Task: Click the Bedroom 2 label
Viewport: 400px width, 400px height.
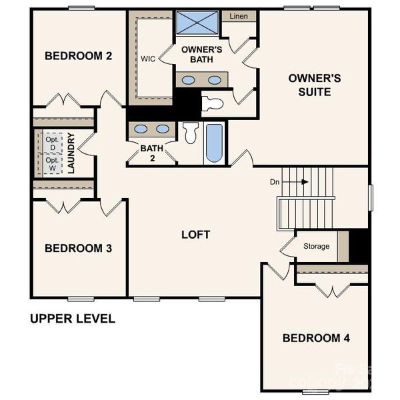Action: coord(78,56)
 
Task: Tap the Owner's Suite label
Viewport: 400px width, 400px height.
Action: coord(314,85)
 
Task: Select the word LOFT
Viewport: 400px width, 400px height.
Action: coord(196,235)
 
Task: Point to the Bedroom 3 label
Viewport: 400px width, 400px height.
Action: coord(78,248)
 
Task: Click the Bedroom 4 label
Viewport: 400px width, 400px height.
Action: coord(316,338)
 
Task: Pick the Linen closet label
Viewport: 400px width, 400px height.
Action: coord(239,16)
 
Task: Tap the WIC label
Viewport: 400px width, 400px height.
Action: coord(147,58)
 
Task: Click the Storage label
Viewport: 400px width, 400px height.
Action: coord(316,246)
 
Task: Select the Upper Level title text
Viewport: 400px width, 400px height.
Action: coord(73,319)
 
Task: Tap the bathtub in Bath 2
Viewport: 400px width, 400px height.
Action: coord(214,143)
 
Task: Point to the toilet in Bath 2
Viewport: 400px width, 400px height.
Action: coord(190,133)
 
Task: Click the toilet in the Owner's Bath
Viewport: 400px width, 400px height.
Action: coord(213,103)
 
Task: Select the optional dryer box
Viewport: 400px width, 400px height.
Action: coord(51,142)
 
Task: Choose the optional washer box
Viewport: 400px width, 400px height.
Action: coord(51,164)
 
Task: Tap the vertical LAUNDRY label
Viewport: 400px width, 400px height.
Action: coord(71,154)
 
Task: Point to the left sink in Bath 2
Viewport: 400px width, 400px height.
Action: coord(141,129)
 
